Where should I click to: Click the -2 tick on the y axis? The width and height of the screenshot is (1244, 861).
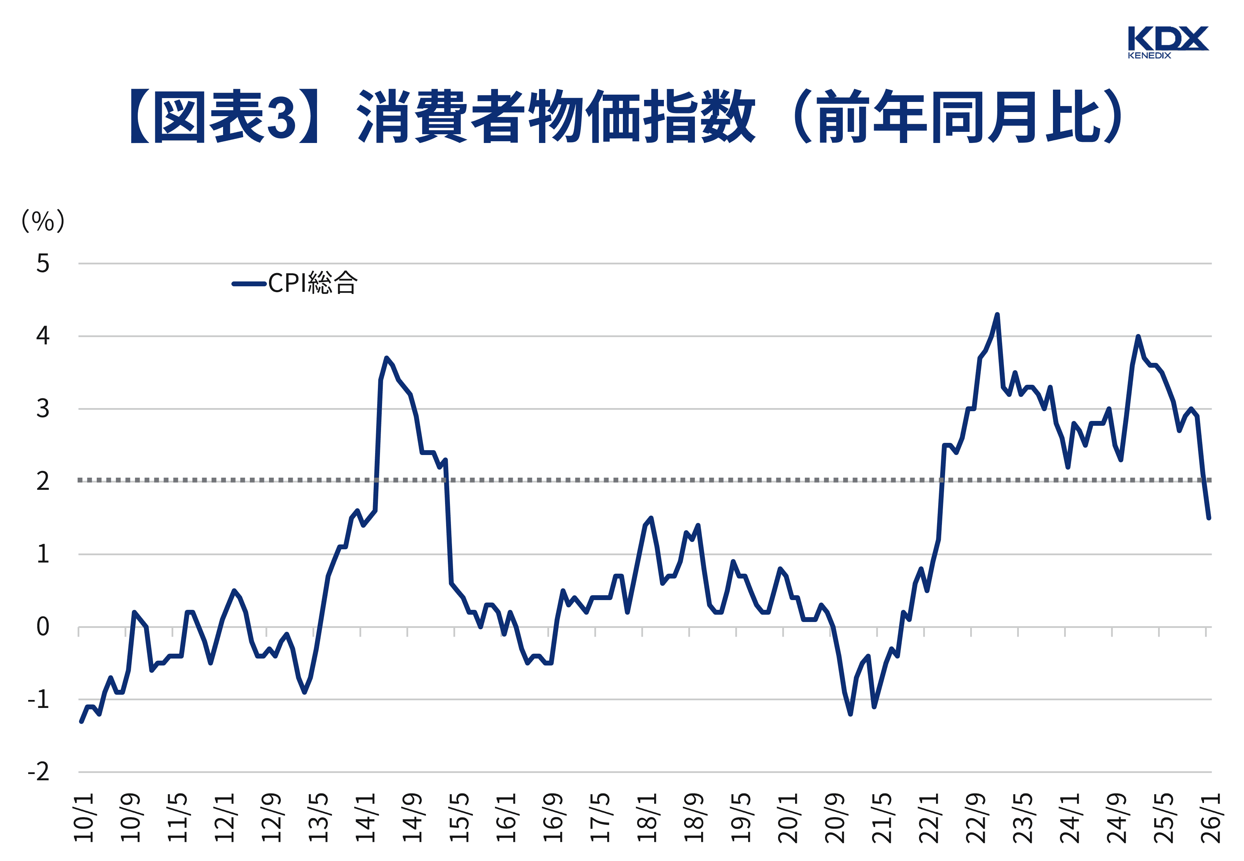pyautogui.click(x=39, y=772)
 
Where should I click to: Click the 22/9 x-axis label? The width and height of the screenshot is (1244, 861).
pyautogui.click(x=975, y=818)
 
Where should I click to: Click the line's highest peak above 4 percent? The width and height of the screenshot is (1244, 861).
pyautogui.click(x=997, y=314)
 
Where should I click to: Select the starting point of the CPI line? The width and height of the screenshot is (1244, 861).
pyautogui.click(x=81, y=721)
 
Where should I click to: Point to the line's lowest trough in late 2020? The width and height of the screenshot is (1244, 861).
pyautogui.click(x=850, y=714)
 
